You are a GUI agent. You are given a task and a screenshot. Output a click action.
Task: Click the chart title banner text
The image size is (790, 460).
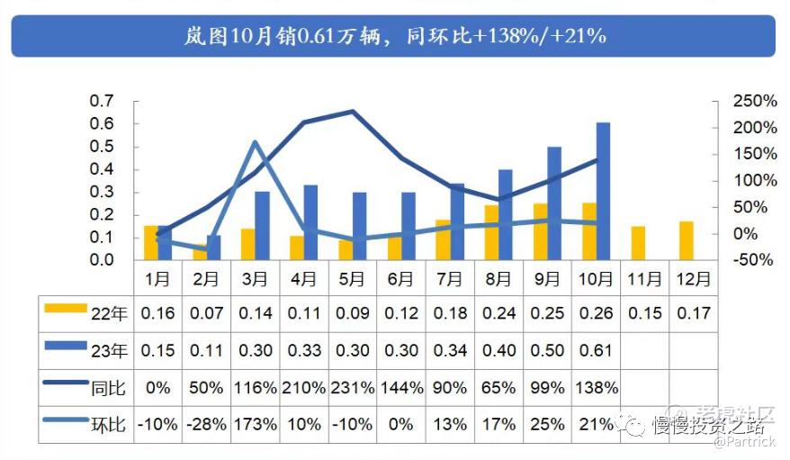pyautogui.click(x=393, y=36)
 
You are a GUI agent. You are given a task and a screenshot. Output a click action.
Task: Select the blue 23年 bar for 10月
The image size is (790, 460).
pyautogui.click(x=603, y=191)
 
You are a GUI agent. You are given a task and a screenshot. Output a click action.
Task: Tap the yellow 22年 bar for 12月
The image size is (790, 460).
pyautogui.click(x=687, y=239)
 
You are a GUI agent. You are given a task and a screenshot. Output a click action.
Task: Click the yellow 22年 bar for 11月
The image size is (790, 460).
pyautogui.click(x=638, y=242)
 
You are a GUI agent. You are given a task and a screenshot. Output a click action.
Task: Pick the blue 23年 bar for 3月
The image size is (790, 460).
pyautogui.click(x=262, y=225)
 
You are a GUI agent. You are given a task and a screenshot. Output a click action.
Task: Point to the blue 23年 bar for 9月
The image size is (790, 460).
pyautogui.click(x=554, y=203)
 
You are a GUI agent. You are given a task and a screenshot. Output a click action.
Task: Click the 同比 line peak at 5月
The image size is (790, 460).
pyautogui.click(x=353, y=112)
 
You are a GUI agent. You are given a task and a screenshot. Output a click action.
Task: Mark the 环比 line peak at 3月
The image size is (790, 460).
pyautogui.click(x=255, y=141)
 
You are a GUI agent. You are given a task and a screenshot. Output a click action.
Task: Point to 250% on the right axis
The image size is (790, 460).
pyautogui.click(x=753, y=101)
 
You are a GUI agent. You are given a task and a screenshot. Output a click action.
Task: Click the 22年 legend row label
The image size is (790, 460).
pyautogui.click(x=108, y=314)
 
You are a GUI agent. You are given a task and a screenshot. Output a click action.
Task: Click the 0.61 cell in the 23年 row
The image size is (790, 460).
pyautogui.click(x=596, y=351)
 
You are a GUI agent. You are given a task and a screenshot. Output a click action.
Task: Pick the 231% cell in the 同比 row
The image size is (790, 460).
pyautogui.click(x=352, y=388)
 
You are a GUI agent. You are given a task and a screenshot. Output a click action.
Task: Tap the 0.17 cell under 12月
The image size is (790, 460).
pyautogui.click(x=693, y=314)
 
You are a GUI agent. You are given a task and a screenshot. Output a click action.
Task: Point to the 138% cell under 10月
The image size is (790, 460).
pyautogui.click(x=596, y=388)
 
